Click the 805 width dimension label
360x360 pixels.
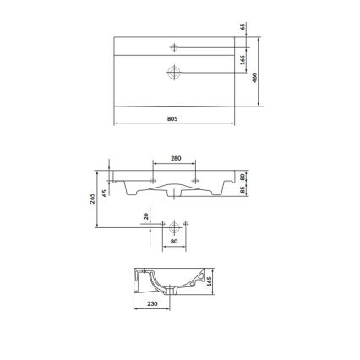pos(175,119)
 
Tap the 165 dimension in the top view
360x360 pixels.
pos(243,61)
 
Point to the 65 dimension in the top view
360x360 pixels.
pos(243,27)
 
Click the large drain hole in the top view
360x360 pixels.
pos(175,73)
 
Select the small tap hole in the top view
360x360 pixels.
pos(175,45)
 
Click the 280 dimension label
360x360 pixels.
pos(175,158)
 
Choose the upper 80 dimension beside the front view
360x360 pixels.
pos(243,177)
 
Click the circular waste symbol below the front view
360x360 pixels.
pos(175,226)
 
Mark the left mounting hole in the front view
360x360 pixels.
pos(153,180)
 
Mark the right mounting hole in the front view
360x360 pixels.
pos(197,180)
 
